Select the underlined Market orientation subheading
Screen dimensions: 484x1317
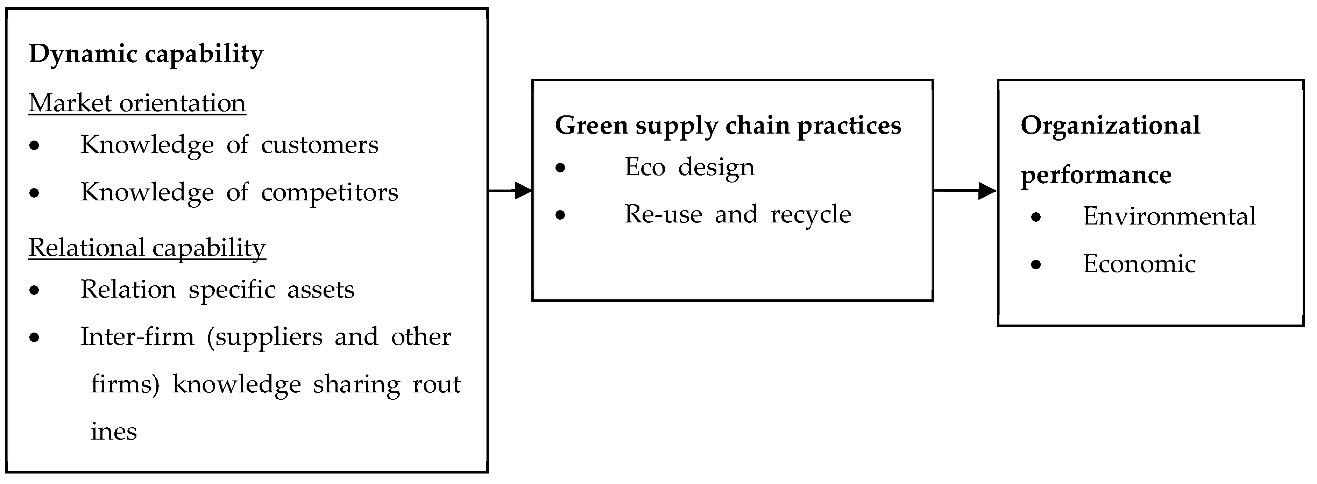pos(137,103)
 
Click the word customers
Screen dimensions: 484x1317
pos(319,145)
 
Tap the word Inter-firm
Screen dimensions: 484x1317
pos(137,337)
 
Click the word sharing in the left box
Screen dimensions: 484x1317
pos(356,384)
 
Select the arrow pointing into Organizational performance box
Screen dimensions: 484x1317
pos(965,191)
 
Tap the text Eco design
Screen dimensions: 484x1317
pos(689,167)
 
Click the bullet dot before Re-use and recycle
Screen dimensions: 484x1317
pos(560,215)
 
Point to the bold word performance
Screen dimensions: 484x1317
pos(1096,175)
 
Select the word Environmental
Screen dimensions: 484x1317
pos(1169,216)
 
